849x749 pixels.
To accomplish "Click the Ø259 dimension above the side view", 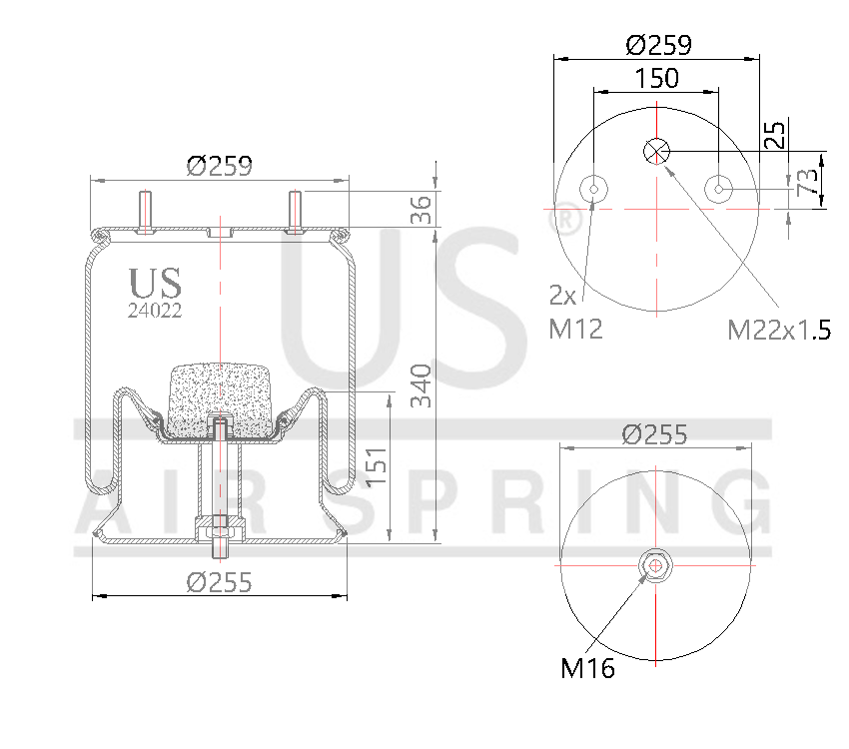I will click(219, 166).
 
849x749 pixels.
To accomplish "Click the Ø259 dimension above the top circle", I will click(658, 45).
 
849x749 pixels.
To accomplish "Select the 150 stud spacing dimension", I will click(656, 78).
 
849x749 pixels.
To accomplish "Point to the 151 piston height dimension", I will click(376, 466).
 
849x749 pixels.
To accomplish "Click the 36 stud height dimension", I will click(421, 210).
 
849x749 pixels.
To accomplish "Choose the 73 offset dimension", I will click(807, 181).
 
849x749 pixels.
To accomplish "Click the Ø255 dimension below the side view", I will click(219, 581).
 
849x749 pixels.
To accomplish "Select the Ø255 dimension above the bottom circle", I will click(654, 434).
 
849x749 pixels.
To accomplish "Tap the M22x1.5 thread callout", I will click(779, 329).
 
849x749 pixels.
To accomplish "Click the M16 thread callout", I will click(587, 669).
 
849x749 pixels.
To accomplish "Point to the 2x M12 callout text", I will click(575, 312).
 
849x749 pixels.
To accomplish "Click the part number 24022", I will click(155, 310).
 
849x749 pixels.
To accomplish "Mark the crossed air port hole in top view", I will click(656, 151).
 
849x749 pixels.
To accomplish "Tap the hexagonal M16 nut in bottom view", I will click(655, 565).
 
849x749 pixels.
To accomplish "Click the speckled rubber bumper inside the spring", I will click(220, 400).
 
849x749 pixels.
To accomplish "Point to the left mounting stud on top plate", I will click(145, 211).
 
